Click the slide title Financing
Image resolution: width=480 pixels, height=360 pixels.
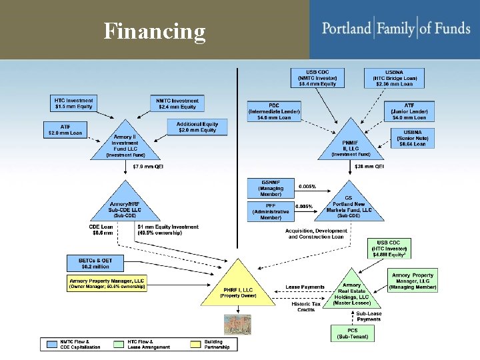point(155,31)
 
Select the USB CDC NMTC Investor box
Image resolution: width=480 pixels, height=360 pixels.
point(317,77)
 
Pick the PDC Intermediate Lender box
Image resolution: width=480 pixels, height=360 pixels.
point(273,111)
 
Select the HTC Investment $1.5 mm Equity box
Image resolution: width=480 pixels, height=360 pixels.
point(74,103)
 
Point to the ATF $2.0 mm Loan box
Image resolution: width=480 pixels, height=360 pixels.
point(65,129)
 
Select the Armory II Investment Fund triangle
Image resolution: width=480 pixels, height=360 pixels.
point(125,144)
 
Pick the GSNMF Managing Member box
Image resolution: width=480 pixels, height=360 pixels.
point(271,187)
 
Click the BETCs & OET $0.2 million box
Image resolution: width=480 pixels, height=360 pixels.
point(94,263)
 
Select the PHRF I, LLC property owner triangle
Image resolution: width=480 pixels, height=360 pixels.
point(238,289)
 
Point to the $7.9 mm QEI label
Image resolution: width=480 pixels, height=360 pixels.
point(148,167)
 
